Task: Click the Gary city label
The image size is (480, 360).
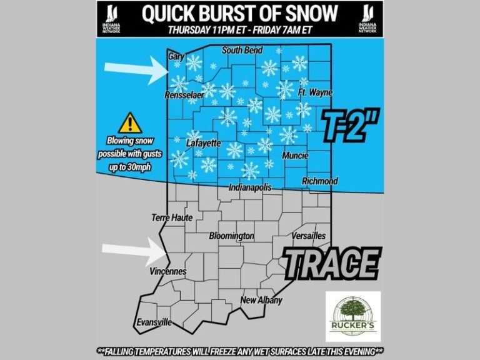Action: click(x=176, y=56)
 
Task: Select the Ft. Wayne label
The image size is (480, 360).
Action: click(x=315, y=92)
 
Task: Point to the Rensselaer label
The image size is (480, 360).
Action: click(x=184, y=96)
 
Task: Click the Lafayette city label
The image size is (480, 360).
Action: click(x=204, y=143)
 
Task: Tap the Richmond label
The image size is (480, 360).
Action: click(x=319, y=181)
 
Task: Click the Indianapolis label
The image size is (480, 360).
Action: click(x=250, y=187)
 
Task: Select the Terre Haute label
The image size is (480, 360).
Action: click(x=172, y=217)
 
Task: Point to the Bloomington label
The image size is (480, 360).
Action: click(x=231, y=236)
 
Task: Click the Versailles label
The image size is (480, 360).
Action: click(x=309, y=236)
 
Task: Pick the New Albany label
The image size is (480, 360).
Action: click(x=262, y=300)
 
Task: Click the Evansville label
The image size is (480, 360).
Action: click(x=154, y=322)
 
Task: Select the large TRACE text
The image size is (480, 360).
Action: click(x=332, y=262)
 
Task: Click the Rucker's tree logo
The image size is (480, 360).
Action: click(x=352, y=316)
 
